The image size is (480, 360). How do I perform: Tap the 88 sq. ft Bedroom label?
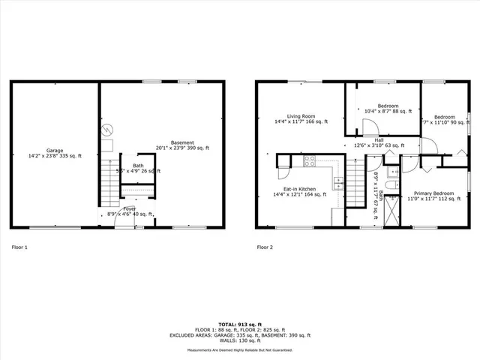[x=388, y=109]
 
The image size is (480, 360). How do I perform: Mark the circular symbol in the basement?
[x=107, y=127]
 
